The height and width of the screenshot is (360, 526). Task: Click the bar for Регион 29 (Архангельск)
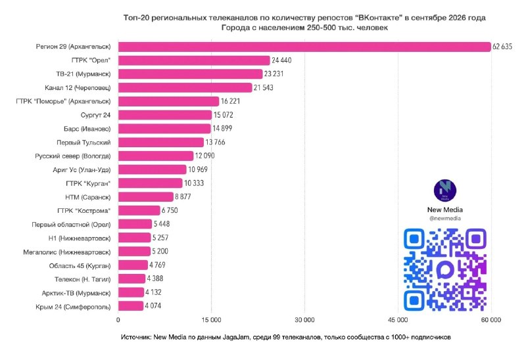(304, 47)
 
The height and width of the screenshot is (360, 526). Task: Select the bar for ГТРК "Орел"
(194, 60)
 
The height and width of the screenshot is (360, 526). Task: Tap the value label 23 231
(274, 74)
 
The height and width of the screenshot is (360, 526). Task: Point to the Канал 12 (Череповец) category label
(78, 88)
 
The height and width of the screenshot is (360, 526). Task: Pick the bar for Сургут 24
(165, 115)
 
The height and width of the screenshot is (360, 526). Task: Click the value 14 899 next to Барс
(222, 128)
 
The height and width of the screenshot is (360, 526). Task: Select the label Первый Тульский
(84, 143)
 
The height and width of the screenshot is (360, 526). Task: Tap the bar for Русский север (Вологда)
(156, 156)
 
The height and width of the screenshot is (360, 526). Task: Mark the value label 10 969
(198, 169)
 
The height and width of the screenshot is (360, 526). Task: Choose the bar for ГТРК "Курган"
(151, 183)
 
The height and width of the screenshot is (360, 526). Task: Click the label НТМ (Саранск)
(88, 197)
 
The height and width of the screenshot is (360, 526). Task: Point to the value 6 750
(170, 210)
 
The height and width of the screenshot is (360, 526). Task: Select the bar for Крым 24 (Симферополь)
(131, 306)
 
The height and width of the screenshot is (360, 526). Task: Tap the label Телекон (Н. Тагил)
(83, 279)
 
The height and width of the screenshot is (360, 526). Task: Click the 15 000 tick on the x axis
(211, 320)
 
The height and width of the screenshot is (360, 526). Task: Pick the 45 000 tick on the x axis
(398, 320)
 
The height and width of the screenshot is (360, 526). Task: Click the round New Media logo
(445, 191)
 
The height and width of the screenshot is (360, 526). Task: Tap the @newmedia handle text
(445, 218)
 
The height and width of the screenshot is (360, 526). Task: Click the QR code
(445, 269)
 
